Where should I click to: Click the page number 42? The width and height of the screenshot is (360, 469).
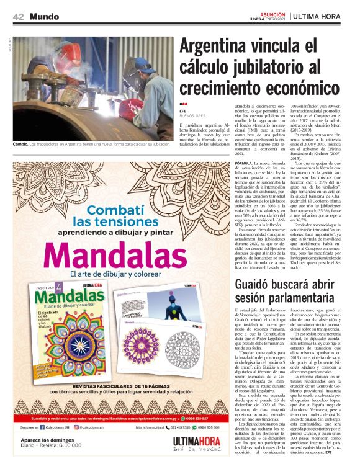coord(19,16)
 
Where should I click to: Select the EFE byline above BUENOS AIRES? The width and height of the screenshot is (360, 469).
coord(183,110)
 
